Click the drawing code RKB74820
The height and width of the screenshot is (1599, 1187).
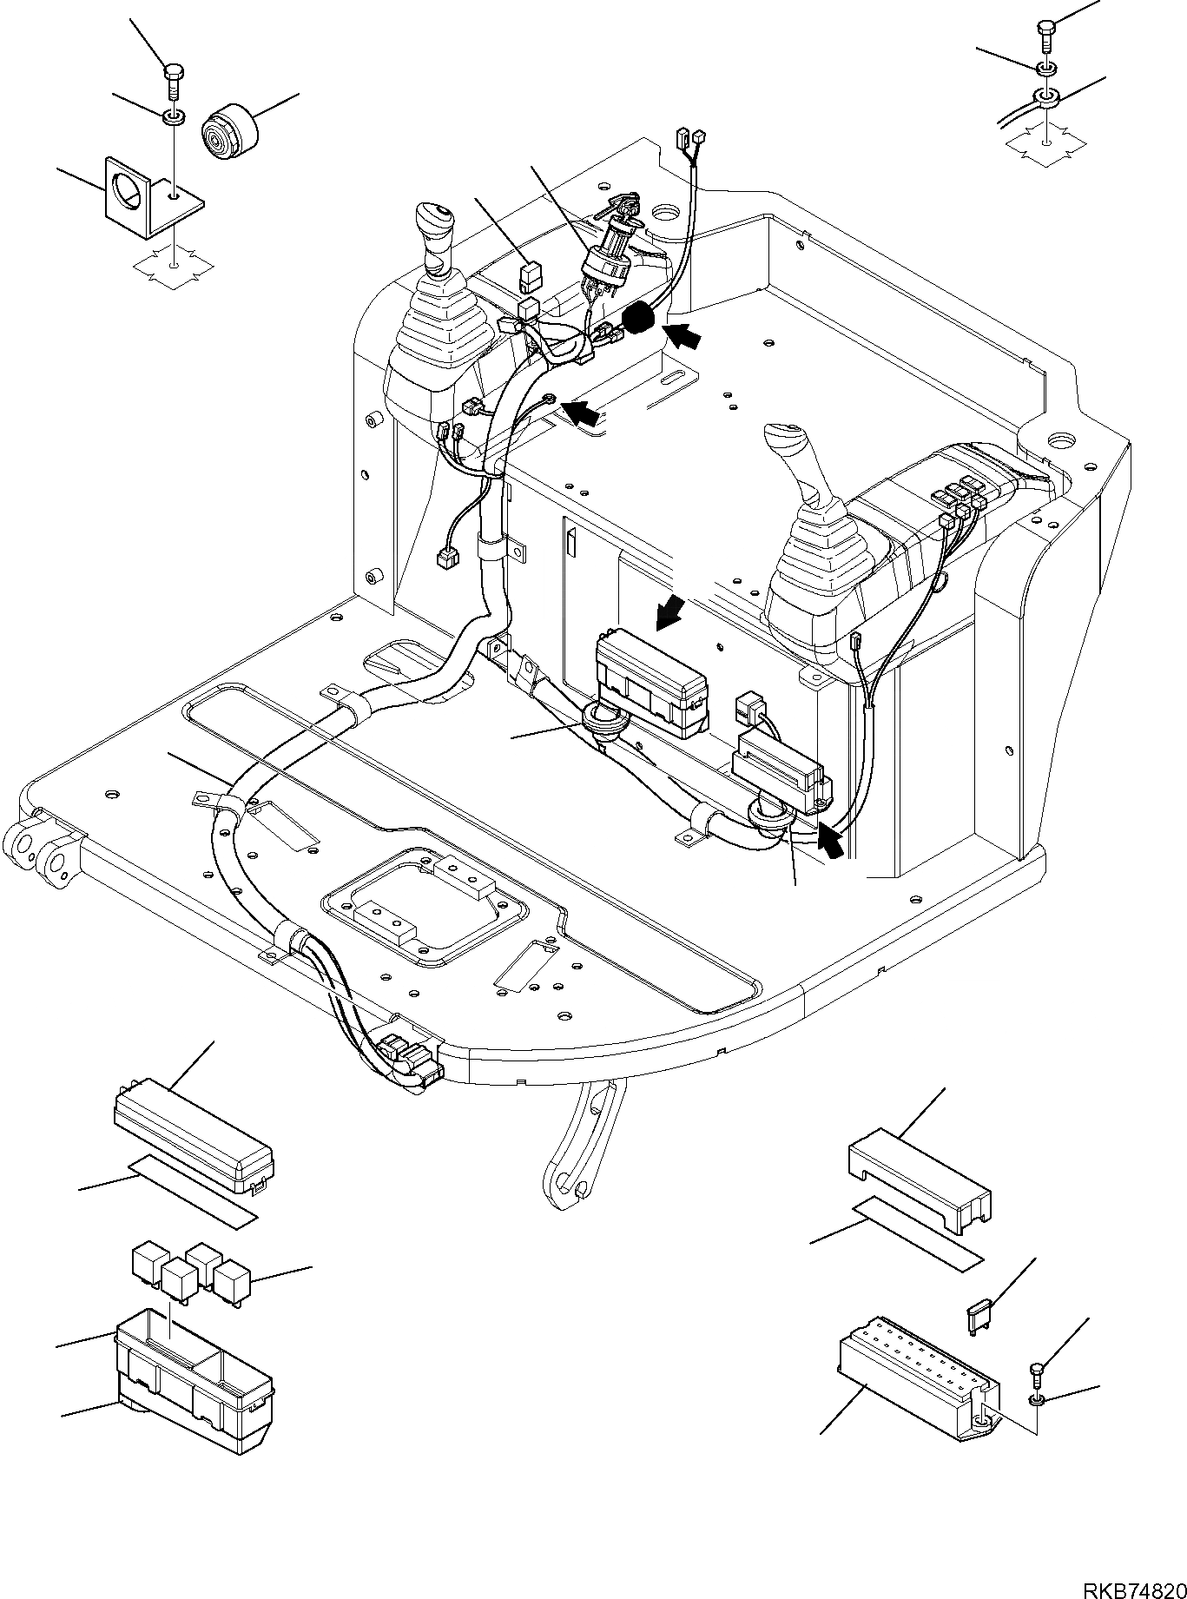click(1132, 1584)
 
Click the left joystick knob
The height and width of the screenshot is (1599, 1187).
click(432, 223)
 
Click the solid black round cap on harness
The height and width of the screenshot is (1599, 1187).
click(640, 319)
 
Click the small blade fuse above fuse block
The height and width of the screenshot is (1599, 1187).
click(976, 1318)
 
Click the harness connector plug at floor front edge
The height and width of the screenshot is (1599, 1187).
click(408, 1058)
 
